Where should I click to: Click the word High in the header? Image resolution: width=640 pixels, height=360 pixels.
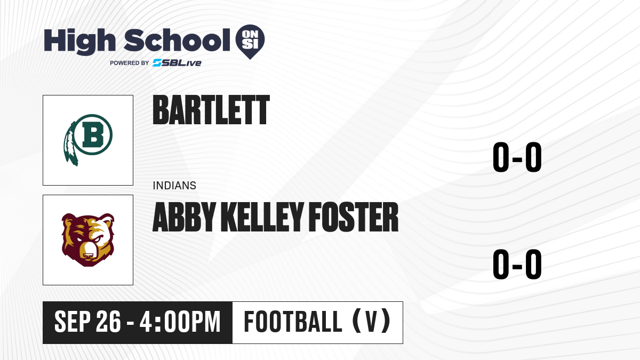coord(79,42)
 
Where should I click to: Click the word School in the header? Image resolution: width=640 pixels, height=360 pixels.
coord(177,41)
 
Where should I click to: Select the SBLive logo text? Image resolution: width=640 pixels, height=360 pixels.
coord(177,63)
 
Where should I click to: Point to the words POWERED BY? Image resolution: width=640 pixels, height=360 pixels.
coord(130,63)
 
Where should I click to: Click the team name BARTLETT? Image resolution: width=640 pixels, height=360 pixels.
coord(211,110)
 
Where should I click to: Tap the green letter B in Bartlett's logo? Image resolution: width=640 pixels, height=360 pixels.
coord(93,134)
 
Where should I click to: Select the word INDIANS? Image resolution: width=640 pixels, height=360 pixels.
coord(174,186)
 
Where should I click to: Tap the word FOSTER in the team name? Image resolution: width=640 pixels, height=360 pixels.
coord(354,217)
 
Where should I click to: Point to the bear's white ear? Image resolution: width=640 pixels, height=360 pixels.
coord(107,221)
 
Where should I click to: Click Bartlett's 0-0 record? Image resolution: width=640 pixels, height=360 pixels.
coord(517,157)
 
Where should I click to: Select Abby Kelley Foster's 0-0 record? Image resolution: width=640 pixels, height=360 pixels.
coord(517,265)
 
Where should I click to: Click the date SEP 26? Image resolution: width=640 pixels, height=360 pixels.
coord(87,322)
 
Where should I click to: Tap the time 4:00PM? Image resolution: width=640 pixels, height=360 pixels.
coord(180,322)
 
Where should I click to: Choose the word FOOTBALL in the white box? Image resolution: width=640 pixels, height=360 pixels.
coord(293,322)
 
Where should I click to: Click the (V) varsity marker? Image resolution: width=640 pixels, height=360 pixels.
coord(372,322)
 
